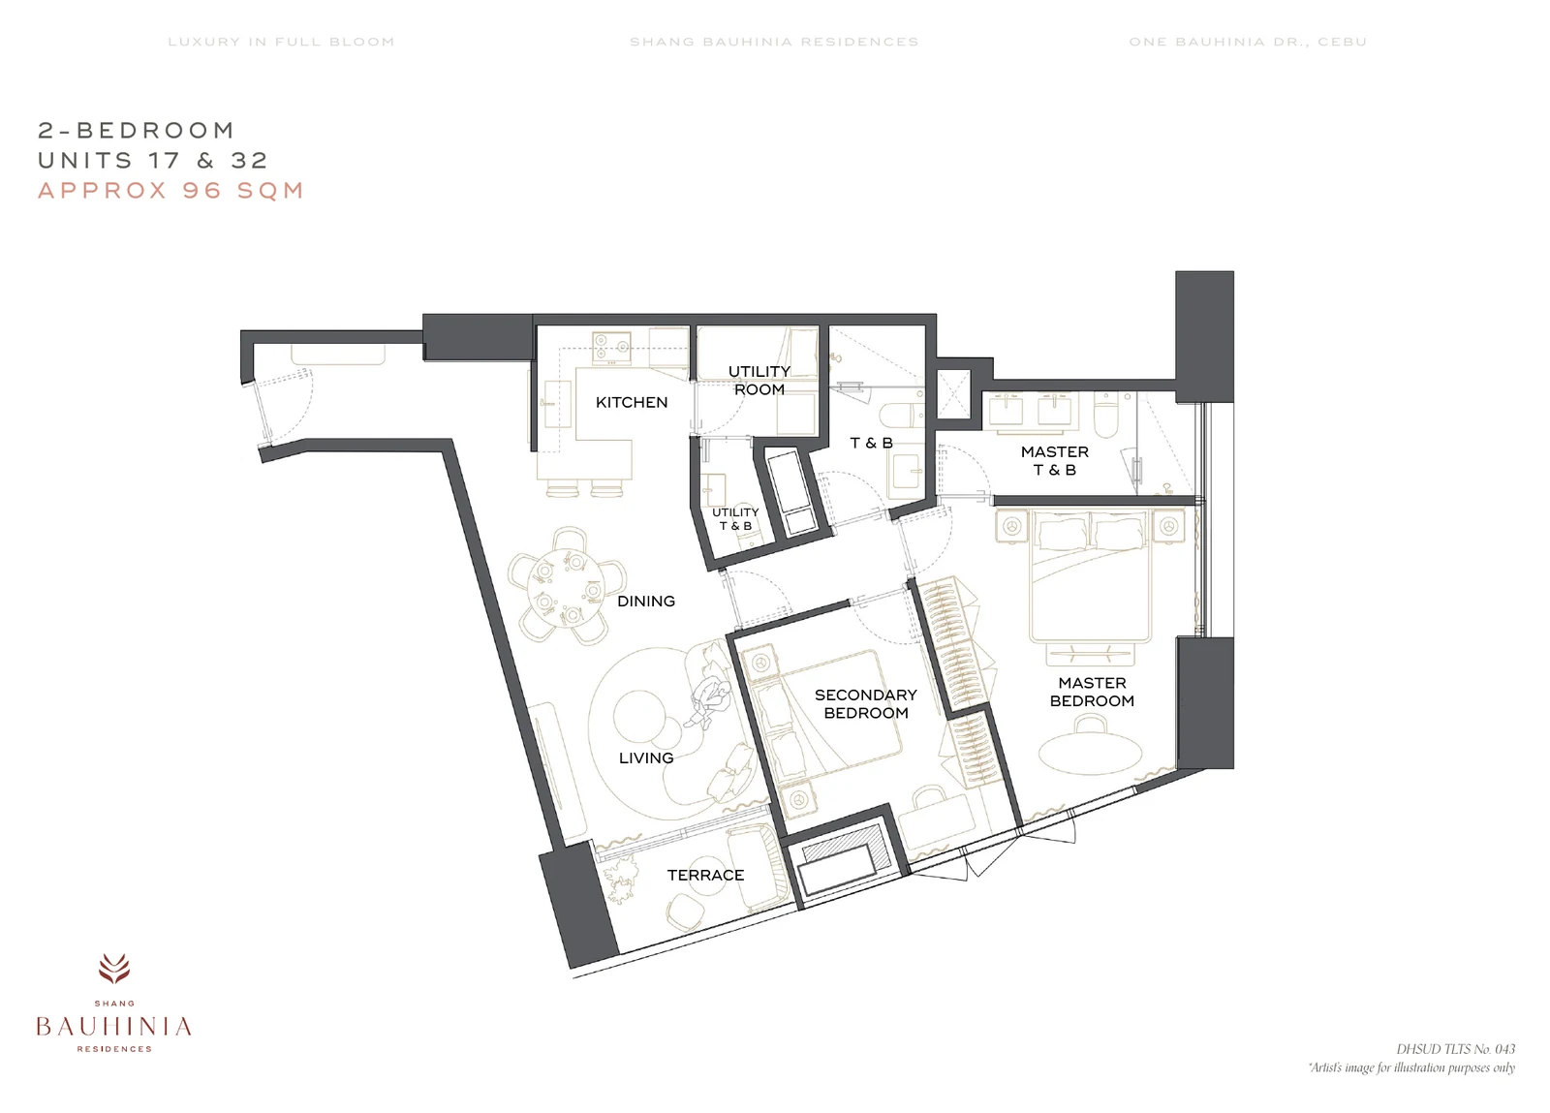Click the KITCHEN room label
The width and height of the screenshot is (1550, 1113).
(x=631, y=403)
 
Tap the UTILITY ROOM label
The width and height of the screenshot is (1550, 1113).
(x=759, y=381)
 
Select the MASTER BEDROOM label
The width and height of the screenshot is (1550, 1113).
(x=1092, y=692)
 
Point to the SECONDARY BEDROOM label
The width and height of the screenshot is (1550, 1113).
(x=866, y=703)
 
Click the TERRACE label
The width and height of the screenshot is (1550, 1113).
(x=705, y=875)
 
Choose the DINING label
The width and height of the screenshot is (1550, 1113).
(x=645, y=602)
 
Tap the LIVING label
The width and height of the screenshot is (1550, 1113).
(x=645, y=758)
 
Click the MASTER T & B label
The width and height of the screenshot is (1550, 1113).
(x=1055, y=461)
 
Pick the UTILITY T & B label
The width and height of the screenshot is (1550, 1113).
(x=735, y=519)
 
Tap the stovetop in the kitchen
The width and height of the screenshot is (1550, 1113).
(x=611, y=348)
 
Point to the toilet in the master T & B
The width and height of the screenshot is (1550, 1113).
(x=1106, y=414)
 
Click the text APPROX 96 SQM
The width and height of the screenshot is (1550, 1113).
(x=170, y=190)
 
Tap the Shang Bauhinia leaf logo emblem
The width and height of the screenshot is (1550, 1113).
(x=114, y=969)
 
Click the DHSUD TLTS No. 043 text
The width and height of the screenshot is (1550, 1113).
(x=1455, y=1049)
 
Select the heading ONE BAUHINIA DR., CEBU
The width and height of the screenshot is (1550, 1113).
(x=1248, y=42)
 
